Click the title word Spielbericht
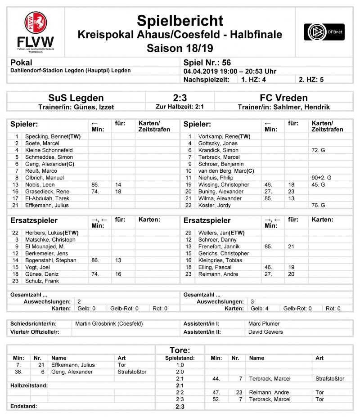pos(180,20)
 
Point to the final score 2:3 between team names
pos(180,98)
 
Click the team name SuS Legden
pos(76,98)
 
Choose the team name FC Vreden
pos(283,98)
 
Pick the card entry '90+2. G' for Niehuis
pos(320,178)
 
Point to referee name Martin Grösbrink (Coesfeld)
pos(109,323)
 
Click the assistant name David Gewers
pos(265,332)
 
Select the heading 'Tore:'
pos(180,350)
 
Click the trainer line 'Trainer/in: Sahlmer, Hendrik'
pos(283,107)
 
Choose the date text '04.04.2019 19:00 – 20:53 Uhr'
pos(230,71)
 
